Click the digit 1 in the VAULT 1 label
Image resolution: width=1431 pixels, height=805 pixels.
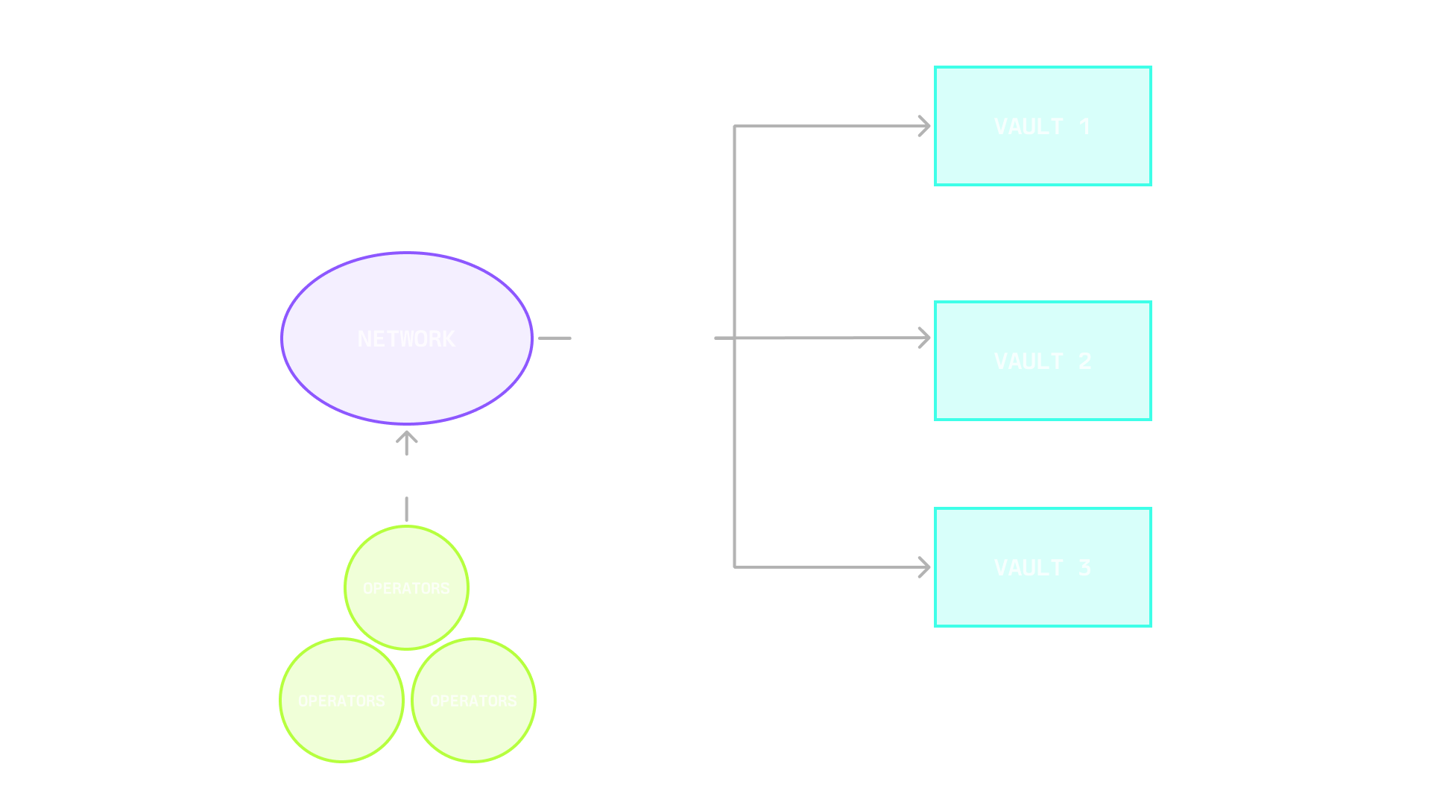click(x=1084, y=127)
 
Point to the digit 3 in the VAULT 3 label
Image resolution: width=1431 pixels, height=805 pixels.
click(x=1084, y=568)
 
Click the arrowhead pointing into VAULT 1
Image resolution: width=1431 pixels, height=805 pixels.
click(x=924, y=126)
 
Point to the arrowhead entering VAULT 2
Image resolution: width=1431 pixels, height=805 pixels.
click(x=924, y=338)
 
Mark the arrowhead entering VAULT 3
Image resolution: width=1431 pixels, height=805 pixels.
click(x=924, y=567)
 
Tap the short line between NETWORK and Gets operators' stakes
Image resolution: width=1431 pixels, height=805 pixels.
click(x=555, y=338)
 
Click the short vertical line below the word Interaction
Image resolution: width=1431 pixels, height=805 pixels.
click(x=406, y=509)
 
